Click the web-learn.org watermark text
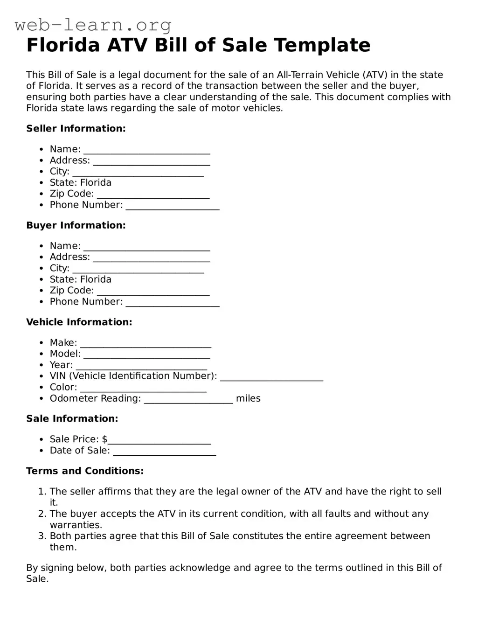[x=93, y=24]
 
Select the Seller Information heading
[x=76, y=129]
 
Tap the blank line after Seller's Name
[x=146, y=150]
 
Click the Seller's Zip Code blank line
[x=153, y=195]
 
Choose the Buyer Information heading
[x=76, y=225]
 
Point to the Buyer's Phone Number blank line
[x=173, y=303]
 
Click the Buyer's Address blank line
[x=151, y=258]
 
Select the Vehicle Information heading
[x=79, y=322]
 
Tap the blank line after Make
[x=145, y=344]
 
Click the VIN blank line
[x=271, y=377]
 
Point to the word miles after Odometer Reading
[x=248, y=399]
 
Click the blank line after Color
[x=143, y=388]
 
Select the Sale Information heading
[x=72, y=419]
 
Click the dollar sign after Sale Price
[x=104, y=439]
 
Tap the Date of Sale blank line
[x=164, y=452]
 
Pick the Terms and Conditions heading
[x=85, y=471]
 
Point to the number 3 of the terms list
[x=42, y=536]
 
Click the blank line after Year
[x=141, y=366]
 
